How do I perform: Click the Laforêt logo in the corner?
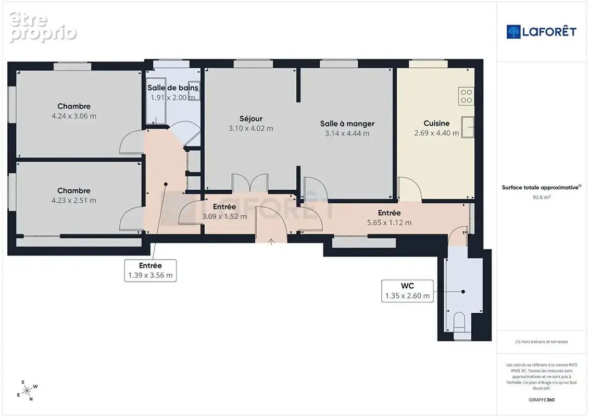pos(541,32)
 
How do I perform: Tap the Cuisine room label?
pos(436,124)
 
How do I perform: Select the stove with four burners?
pos(466,96)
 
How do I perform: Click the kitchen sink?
pos(468,127)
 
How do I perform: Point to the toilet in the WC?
pos(459,322)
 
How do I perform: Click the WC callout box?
pos(408,291)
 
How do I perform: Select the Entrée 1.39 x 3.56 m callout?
pos(151,271)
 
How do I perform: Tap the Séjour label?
pos(251,119)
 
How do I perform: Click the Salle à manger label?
pos(347,124)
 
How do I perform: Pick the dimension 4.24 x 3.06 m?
pos(74,116)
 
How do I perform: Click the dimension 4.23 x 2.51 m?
pos(73,200)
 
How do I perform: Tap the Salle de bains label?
pos(173,88)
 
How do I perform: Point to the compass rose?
pos(27,391)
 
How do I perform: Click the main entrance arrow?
pos(271,242)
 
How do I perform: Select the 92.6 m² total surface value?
pos(541,197)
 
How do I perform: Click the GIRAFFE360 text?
pos(541,400)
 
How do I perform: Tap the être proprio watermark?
pos(42,27)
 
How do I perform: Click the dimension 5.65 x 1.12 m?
pos(389,223)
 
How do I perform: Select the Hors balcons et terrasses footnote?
pos(541,342)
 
